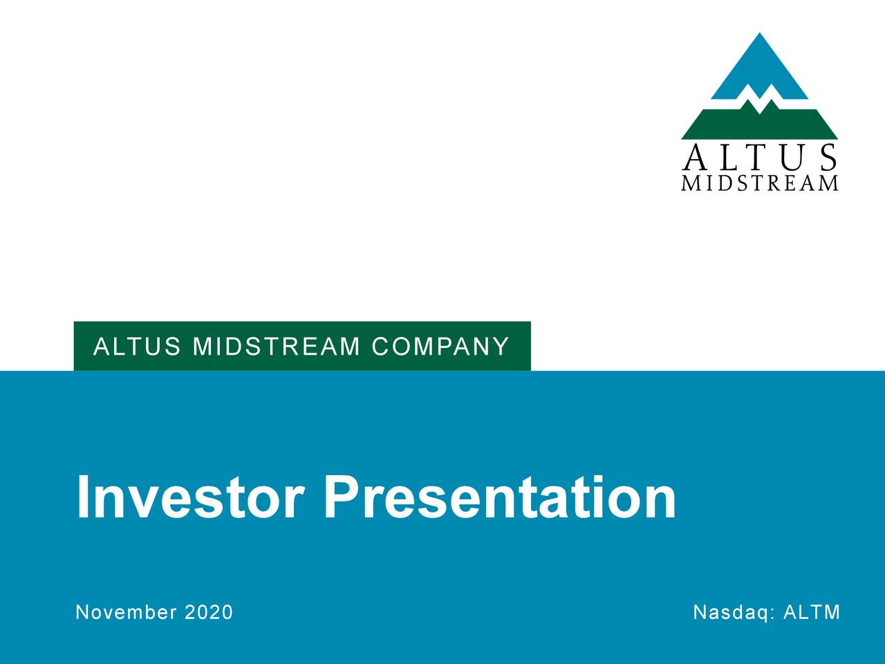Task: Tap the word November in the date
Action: coord(126,612)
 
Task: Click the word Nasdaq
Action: coord(734,612)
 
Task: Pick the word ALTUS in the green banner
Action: coord(138,346)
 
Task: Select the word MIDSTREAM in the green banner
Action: coord(277,346)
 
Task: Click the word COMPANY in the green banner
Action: coord(440,346)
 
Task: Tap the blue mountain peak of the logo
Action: coord(760,66)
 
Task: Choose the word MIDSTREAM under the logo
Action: coord(759,183)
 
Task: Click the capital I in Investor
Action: coord(83,497)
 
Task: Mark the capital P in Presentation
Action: coord(342,497)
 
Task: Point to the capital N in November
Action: coord(82,612)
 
